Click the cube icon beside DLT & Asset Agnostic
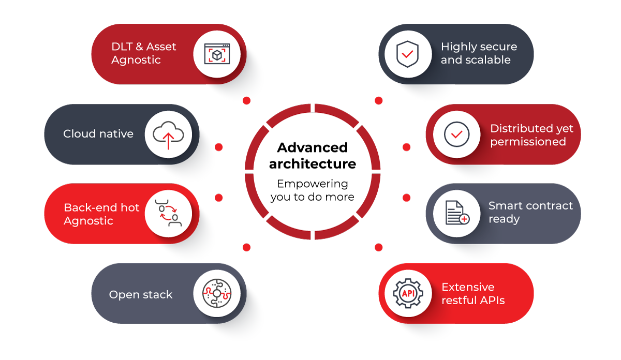(217, 54)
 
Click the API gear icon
(408, 293)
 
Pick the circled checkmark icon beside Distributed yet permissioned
(456, 134)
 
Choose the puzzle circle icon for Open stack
(217, 293)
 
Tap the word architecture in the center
(312, 164)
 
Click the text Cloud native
(98, 134)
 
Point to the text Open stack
(141, 295)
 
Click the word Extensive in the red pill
(468, 287)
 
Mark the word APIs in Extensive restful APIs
(492, 300)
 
